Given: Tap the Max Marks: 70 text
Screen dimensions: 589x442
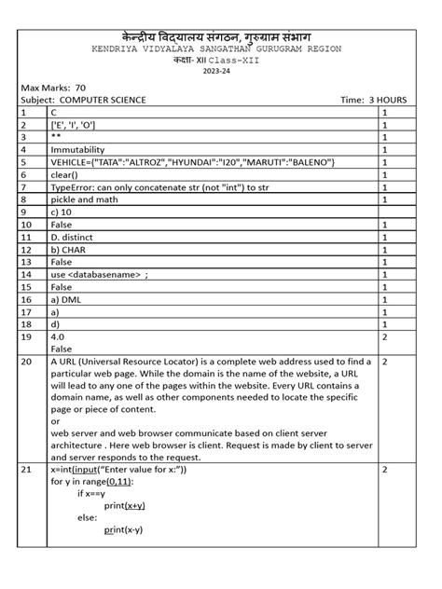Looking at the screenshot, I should tap(53, 87).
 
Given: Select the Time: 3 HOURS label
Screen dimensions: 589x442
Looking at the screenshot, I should tap(380, 99).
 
